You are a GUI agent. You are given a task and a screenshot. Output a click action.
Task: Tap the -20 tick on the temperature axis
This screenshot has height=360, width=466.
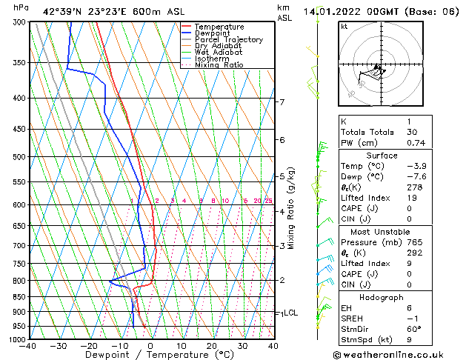point(89,345)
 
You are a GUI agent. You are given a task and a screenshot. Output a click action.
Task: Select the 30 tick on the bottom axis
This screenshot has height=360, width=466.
point(242,345)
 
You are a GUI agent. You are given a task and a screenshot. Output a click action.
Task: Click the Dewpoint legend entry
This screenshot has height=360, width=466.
point(212,33)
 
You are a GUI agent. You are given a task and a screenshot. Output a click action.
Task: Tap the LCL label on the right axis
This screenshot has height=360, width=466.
point(290,313)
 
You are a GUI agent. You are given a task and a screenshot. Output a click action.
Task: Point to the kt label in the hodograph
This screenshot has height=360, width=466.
point(344,27)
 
